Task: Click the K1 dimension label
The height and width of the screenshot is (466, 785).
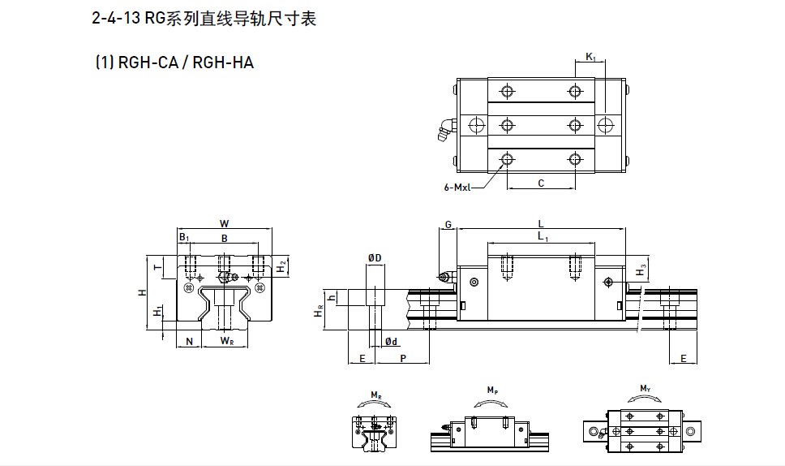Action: coord(590,57)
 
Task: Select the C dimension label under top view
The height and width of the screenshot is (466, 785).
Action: coord(541,183)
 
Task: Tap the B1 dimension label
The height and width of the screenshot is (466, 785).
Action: coord(185,239)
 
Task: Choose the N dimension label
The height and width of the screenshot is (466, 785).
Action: coord(188,342)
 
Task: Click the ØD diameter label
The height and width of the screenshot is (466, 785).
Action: coord(374,257)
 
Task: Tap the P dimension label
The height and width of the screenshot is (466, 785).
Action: coord(403,358)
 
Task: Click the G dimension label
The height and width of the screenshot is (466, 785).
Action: coord(448,223)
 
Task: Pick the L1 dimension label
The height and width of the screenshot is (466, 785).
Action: coord(542,236)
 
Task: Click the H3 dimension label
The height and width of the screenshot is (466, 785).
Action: coord(641,269)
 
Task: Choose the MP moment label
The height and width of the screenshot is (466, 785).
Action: coord(492,391)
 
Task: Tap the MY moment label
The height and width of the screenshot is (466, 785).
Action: coord(646,390)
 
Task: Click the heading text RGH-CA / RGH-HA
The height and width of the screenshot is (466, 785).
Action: coord(174,62)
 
